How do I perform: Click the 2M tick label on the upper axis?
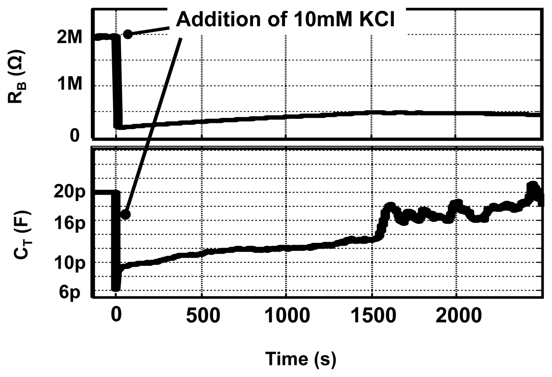point(69,37)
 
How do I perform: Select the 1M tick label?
point(69,84)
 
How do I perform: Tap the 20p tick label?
point(69,192)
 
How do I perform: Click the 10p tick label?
point(69,264)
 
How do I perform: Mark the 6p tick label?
point(70,292)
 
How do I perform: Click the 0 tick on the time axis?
point(116,315)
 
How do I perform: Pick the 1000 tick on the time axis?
point(287,315)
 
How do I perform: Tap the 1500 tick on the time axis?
point(373,315)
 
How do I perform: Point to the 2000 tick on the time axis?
point(458,315)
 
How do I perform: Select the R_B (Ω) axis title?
point(17,77)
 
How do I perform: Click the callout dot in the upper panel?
point(128,34)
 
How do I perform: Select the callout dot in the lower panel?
point(125,215)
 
